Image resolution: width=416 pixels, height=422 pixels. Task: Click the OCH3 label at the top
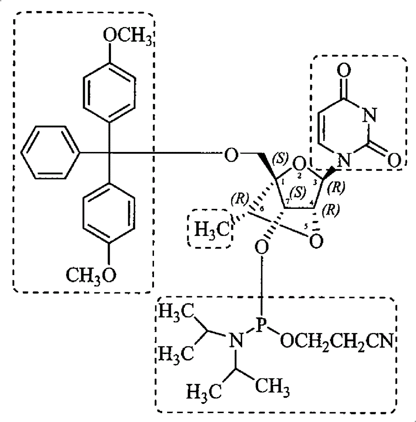point(127,36)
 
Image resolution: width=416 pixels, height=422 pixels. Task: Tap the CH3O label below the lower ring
point(92,275)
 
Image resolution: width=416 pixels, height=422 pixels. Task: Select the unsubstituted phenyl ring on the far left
point(51,152)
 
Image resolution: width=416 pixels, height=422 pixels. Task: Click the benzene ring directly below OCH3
point(109,92)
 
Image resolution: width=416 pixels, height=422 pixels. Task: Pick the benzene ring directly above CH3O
point(109,213)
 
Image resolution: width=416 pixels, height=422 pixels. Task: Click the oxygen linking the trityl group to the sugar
point(231,155)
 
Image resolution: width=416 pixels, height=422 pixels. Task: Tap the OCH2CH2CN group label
point(337,341)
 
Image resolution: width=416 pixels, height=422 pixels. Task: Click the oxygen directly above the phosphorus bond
point(261,247)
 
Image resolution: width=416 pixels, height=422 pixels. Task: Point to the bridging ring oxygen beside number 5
point(316,241)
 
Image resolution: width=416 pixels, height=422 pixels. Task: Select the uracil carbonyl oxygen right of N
point(394,160)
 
